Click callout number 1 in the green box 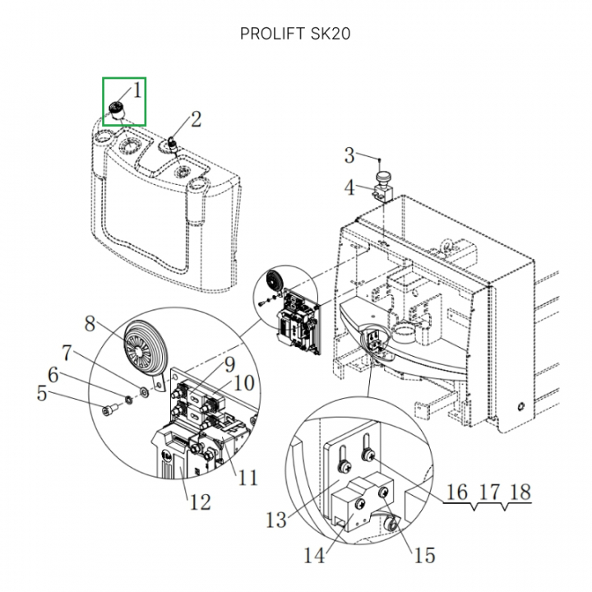pyautogui.click(x=137, y=89)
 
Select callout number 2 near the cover pyautogui.click(x=196, y=119)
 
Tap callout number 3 pyautogui.click(x=349, y=155)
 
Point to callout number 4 pyautogui.click(x=349, y=188)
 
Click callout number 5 pyautogui.click(x=42, y=394)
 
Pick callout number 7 pyautogui.click(x=69, y=354)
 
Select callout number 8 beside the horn pyautogui.click(x=90, y=323)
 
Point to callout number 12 pyautogui.click(x=201, y=501)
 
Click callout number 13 pyautogui.click(x=276, y=519)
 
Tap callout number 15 pyautogui.click(x=424, y=556)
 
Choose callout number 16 pyautogui.click(x=456, y=493)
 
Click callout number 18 pyautogui.click(x=520, y=493)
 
